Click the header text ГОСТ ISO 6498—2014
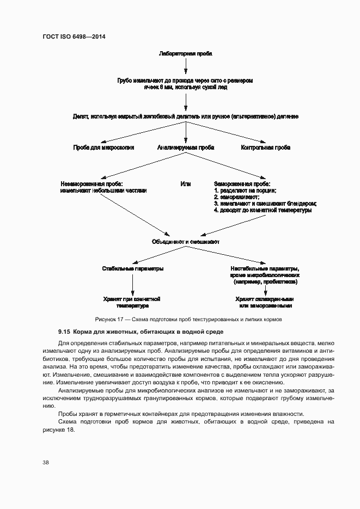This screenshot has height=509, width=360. coord(74,36)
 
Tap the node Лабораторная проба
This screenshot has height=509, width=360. coord(185,54)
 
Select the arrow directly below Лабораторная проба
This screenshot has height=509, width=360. coord(186,66)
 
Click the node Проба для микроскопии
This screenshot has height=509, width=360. coord(103,148)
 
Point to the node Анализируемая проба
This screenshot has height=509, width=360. coord(186,148)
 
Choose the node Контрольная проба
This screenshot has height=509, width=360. coord(266,148)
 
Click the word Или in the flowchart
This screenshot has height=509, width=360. coord(186,184)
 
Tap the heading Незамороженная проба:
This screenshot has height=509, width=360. coord(92,184)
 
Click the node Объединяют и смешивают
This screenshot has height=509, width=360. coord(185,242)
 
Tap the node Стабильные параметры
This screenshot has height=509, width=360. coord(133,269)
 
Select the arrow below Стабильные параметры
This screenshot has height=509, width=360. coord(133,284)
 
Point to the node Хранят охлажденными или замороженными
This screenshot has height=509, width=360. coord(265,302)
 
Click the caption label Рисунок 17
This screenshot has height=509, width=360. coord(110,319)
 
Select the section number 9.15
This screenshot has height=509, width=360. coord(65,332)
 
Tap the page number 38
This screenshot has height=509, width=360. coord(46,462)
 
